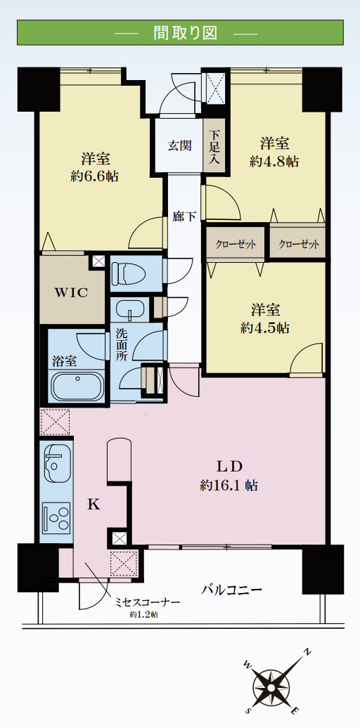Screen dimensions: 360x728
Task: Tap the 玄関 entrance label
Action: pyautogui.click(x=179, y=145)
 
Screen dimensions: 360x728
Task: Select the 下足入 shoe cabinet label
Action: pyautogui.click(x=214, y=147)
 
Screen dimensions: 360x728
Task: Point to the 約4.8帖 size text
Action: pyautogui.click(x=274, y=162)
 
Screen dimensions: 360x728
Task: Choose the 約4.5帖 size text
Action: pyautogui.click(x=265, y=327)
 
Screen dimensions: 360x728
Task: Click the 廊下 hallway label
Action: pyautogui.click(x=184, y=216)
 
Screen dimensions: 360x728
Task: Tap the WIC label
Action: pyautogui.click(x=72, y=293)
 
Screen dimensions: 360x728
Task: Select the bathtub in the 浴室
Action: pyautogui.click(x=77, y=386)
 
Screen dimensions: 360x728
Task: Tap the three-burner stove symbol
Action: pyautogui.click(x=56, y=519)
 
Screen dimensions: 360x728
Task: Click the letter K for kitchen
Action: pyautogui.click(x=94, y=505)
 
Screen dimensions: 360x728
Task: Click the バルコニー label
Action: pyautogui.click(x=232, y=590)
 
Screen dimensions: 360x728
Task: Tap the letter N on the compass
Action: pyautogui.click(x=307, y=652)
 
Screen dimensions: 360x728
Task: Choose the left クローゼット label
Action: pyautogui.click(x=235, y=245)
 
